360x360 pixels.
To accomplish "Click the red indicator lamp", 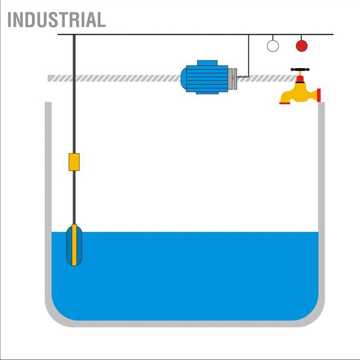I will coord(302,46).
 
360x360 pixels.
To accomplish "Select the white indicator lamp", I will coord(273,46).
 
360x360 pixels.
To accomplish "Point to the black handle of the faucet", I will coord(300,70).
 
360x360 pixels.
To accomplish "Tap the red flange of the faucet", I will coord(319,95).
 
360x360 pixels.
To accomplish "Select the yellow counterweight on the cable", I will coord(74,162).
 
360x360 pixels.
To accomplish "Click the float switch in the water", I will coord(74,245).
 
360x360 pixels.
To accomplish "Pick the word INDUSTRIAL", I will coord(57,20).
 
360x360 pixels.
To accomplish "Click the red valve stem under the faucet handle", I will coord(300,78).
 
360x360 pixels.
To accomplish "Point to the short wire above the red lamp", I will coord(301,38).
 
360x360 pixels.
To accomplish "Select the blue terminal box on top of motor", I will coord(207,63).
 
